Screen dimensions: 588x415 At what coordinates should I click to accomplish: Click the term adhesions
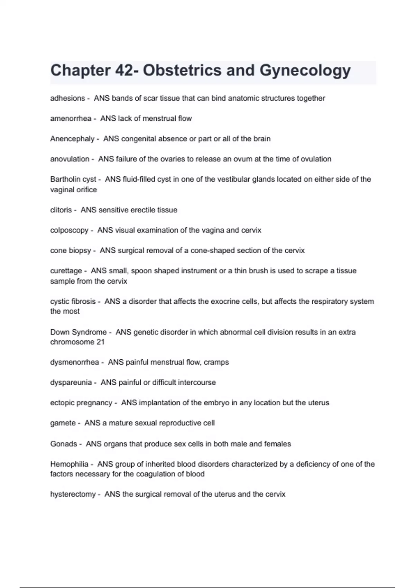[67, 98]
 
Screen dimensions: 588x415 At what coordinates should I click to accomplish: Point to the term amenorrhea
[71, 119]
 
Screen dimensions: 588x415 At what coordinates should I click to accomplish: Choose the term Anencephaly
[72, 139]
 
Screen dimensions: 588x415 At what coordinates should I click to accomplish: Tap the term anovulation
[70, 159]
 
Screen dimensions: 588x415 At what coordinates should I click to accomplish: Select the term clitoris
[61, 210]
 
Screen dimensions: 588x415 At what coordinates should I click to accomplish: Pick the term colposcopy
[69, 230]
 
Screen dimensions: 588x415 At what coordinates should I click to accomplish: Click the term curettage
[66, 271]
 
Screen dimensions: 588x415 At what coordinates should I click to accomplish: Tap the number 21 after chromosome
[100, 342]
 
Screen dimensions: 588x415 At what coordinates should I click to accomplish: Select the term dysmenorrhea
[74, 362]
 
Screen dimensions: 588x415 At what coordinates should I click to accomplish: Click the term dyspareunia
[71, 383]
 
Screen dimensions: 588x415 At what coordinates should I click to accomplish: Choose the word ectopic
[62, 403]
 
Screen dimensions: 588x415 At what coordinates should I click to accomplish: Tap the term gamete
[63, 423]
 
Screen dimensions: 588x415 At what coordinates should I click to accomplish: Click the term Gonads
[64, 444]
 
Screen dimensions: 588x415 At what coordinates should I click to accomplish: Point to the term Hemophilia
[69, 464]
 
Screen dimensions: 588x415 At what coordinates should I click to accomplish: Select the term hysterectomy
[73, 494]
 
